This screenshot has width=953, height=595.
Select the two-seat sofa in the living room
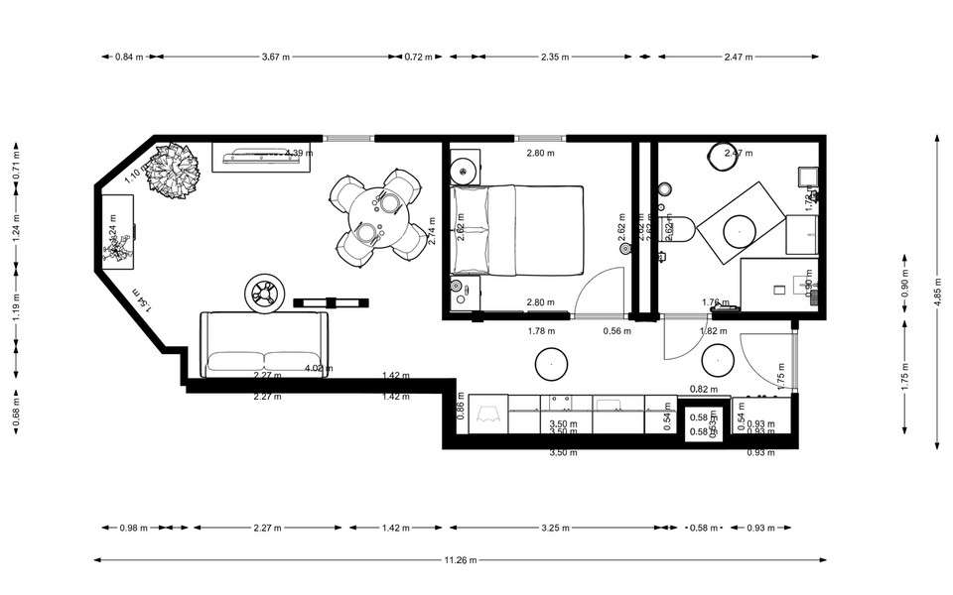(x=264, y=344)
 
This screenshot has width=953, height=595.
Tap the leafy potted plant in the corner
(x=174, y=172)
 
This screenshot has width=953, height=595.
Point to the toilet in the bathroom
(x=679, y=227)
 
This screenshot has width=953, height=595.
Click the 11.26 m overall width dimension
(x=461, y=560)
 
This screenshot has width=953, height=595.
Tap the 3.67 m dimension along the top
(x=276, y=57)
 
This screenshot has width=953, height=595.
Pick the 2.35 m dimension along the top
(x=555, y=57)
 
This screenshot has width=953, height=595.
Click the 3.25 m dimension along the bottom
(x=554, y=528)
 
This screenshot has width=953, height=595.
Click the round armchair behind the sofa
(x=265, y=293)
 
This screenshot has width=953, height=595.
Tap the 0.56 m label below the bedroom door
(x=616, y=331)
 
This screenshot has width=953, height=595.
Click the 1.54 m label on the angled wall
(x=140, y=299)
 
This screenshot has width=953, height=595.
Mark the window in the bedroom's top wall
(x=539, y=138)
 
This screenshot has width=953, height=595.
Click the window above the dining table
(x=348, y=138)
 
